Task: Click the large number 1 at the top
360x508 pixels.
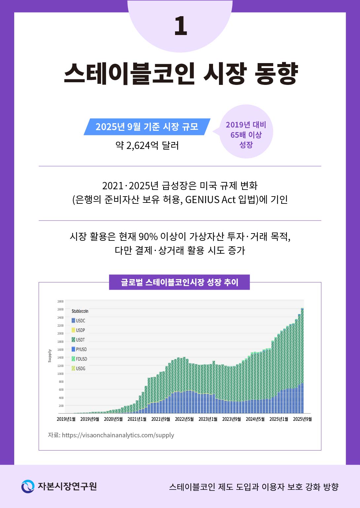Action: pyautogui.click(x=181, y=26)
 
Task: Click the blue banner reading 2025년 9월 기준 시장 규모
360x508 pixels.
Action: pyautogui.click(x=147, y=127)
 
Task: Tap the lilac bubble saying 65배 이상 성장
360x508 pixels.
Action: pyautogui.click(x=246, y=134)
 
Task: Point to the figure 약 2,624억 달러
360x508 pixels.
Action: pyautogui.click(x=147, y=145)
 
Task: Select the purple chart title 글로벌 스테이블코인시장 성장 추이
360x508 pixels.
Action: pyautogui.click(x=179, y=282)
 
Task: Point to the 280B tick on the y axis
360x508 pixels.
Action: pyautogui.click(x=60, y=302)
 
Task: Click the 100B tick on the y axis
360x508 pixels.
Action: pyautogui.click(x=60, y=374)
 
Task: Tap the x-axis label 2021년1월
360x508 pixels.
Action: pyautogui.click(x=137, y=419)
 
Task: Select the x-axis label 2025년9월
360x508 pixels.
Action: pyautogui.click(x=302, y=419)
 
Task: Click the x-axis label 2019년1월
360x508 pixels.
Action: pyautogui.click(x=66, y=419)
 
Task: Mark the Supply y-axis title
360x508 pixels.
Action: pyautogui.click(x=50, y=356)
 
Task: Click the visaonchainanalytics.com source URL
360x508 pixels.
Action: pyautogui.click(x=118, y=435)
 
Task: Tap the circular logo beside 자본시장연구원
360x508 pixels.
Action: pyautogui.click(x=28, y=487)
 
